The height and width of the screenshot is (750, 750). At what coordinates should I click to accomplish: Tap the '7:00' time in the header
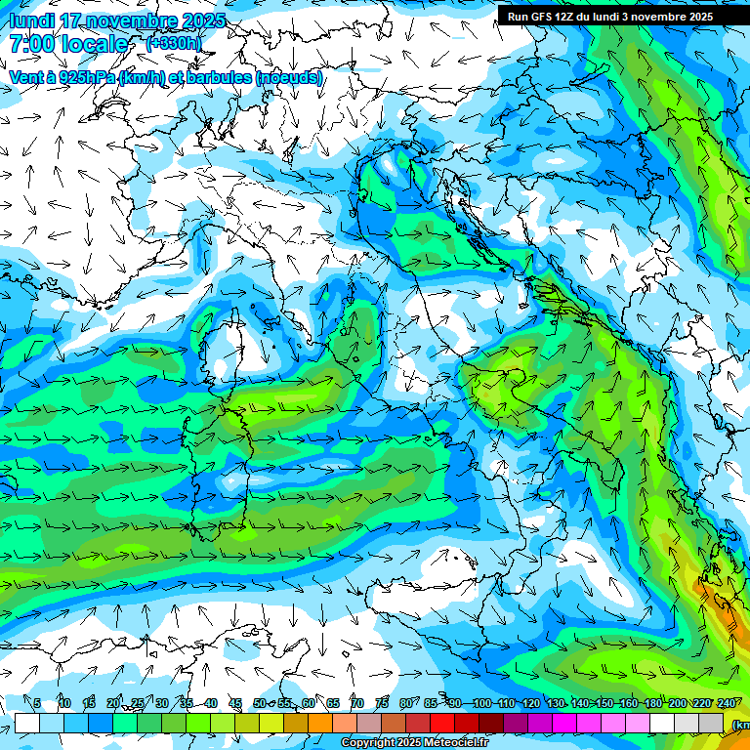pyautogui.click(x=30, y=44)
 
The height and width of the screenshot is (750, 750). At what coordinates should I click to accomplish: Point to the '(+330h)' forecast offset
pyautogui.click(x=174, y=44)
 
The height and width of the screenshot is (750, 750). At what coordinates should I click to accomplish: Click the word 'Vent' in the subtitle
pyautogui.click(x=28, y=77)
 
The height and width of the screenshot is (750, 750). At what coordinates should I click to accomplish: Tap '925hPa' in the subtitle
pyautogui.click(x=87, y=77)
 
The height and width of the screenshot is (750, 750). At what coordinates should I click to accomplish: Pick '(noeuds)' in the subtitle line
pyautogui.click(x=289, y=77)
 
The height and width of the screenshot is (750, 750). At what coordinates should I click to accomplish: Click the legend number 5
pyautogui.click(x=37, y=704)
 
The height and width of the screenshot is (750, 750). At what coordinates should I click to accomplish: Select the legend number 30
pyautogui.click(x=162, y=704)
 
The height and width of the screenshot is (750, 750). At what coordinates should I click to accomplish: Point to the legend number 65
pyautogui.click(x=333, y=704)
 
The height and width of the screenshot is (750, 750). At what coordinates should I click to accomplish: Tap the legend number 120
pyautogui.click(x=530, y=704)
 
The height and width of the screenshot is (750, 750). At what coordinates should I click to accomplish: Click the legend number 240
pyautogui.click(x=726, y=704)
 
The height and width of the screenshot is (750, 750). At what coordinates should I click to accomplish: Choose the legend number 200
pyautogui.click(x=677, y=704)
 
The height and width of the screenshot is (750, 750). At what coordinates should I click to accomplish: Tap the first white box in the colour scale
pyautogui.click(x=27, y=723)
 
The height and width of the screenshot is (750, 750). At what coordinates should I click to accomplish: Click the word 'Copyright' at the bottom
pyautogui.click(x=367, y=743)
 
